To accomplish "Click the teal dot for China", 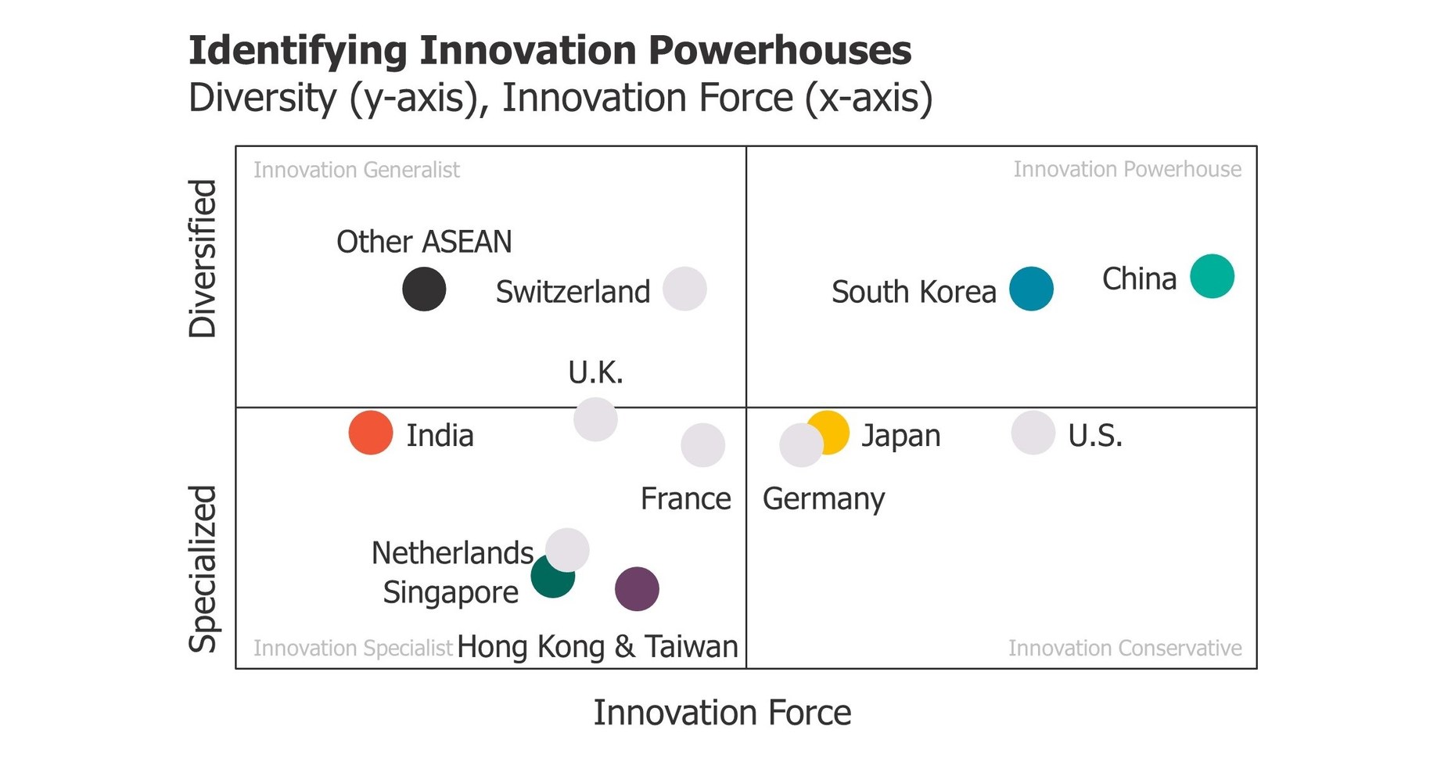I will [x=1212, y=276].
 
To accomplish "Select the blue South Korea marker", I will [x=1031, y=289].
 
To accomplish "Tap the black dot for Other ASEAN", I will [x=424, y=289].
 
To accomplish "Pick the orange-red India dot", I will [x=371, y=433].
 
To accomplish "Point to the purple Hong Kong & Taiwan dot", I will [x=637, y=589].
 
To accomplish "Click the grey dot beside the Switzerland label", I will [x=684, y=289].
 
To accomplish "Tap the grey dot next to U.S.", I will [x=1033, y=433].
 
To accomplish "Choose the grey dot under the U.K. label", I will [x=595, y=419].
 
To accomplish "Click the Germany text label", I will [x=823, y=499].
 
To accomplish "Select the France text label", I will [x=685, y=498].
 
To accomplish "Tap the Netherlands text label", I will [x=452, y=553].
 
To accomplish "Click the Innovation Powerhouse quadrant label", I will [x=1126, y=169].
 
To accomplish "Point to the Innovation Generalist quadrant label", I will [x=357, y=170].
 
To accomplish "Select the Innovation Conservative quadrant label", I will [x=1124, y=648].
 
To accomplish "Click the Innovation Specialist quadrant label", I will [x=353, y=648].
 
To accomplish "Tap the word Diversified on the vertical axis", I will [x=203, y=258].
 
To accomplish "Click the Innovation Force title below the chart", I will [x=721, y=713].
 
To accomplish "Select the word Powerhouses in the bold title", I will [x=780, y=51].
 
